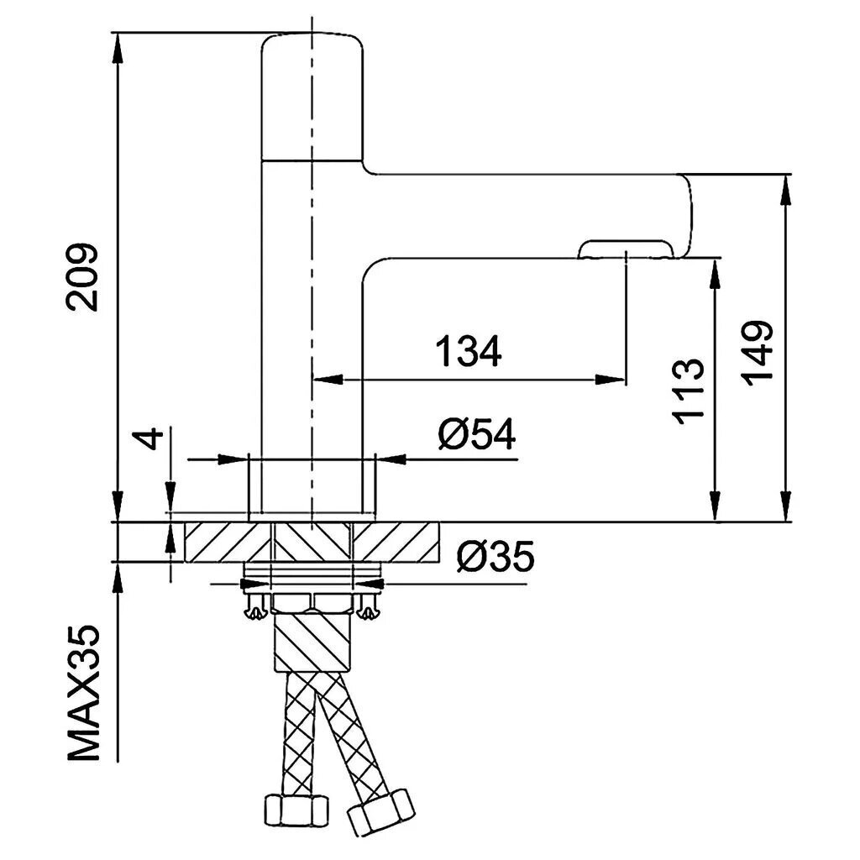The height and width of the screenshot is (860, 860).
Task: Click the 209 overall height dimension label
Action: [x=82, y=277]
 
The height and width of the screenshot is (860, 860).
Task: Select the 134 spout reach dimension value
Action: [x=469, y=351]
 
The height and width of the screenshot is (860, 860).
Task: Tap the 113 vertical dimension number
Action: [x=688, y=391]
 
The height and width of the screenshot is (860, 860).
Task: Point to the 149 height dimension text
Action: [x=758, y=354]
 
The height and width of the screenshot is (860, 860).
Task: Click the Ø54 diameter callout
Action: [x=477, y=434]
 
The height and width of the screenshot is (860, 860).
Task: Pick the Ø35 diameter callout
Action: [x=496, y=556]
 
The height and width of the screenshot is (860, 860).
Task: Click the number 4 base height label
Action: [x=149, y=438]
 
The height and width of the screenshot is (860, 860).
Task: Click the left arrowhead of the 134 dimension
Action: [x=328, y=379]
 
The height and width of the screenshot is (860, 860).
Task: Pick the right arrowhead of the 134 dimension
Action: [x=610, y=379]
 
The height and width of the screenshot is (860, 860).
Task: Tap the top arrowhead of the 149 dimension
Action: [x=785, y=192]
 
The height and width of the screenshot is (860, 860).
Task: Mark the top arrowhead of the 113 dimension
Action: [x=714, y=274]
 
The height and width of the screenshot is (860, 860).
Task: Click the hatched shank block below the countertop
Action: [x=311, y=640]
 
